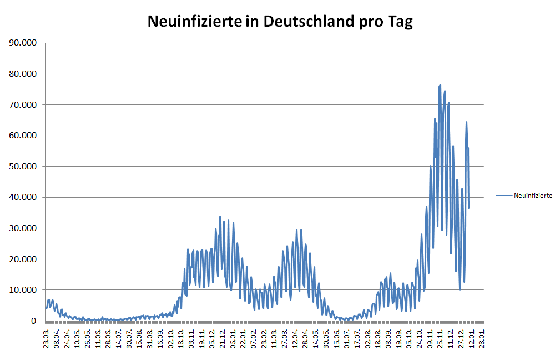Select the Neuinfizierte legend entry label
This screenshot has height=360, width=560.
coord(533,196)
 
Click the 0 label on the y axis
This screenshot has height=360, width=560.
coord(34,321)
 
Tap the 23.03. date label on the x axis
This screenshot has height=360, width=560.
coord(47,337)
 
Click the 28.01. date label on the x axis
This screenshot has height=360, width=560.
coord(482,337)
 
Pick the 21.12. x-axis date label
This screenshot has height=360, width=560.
coord(223,337)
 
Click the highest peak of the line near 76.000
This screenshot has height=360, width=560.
coord(440,85)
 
